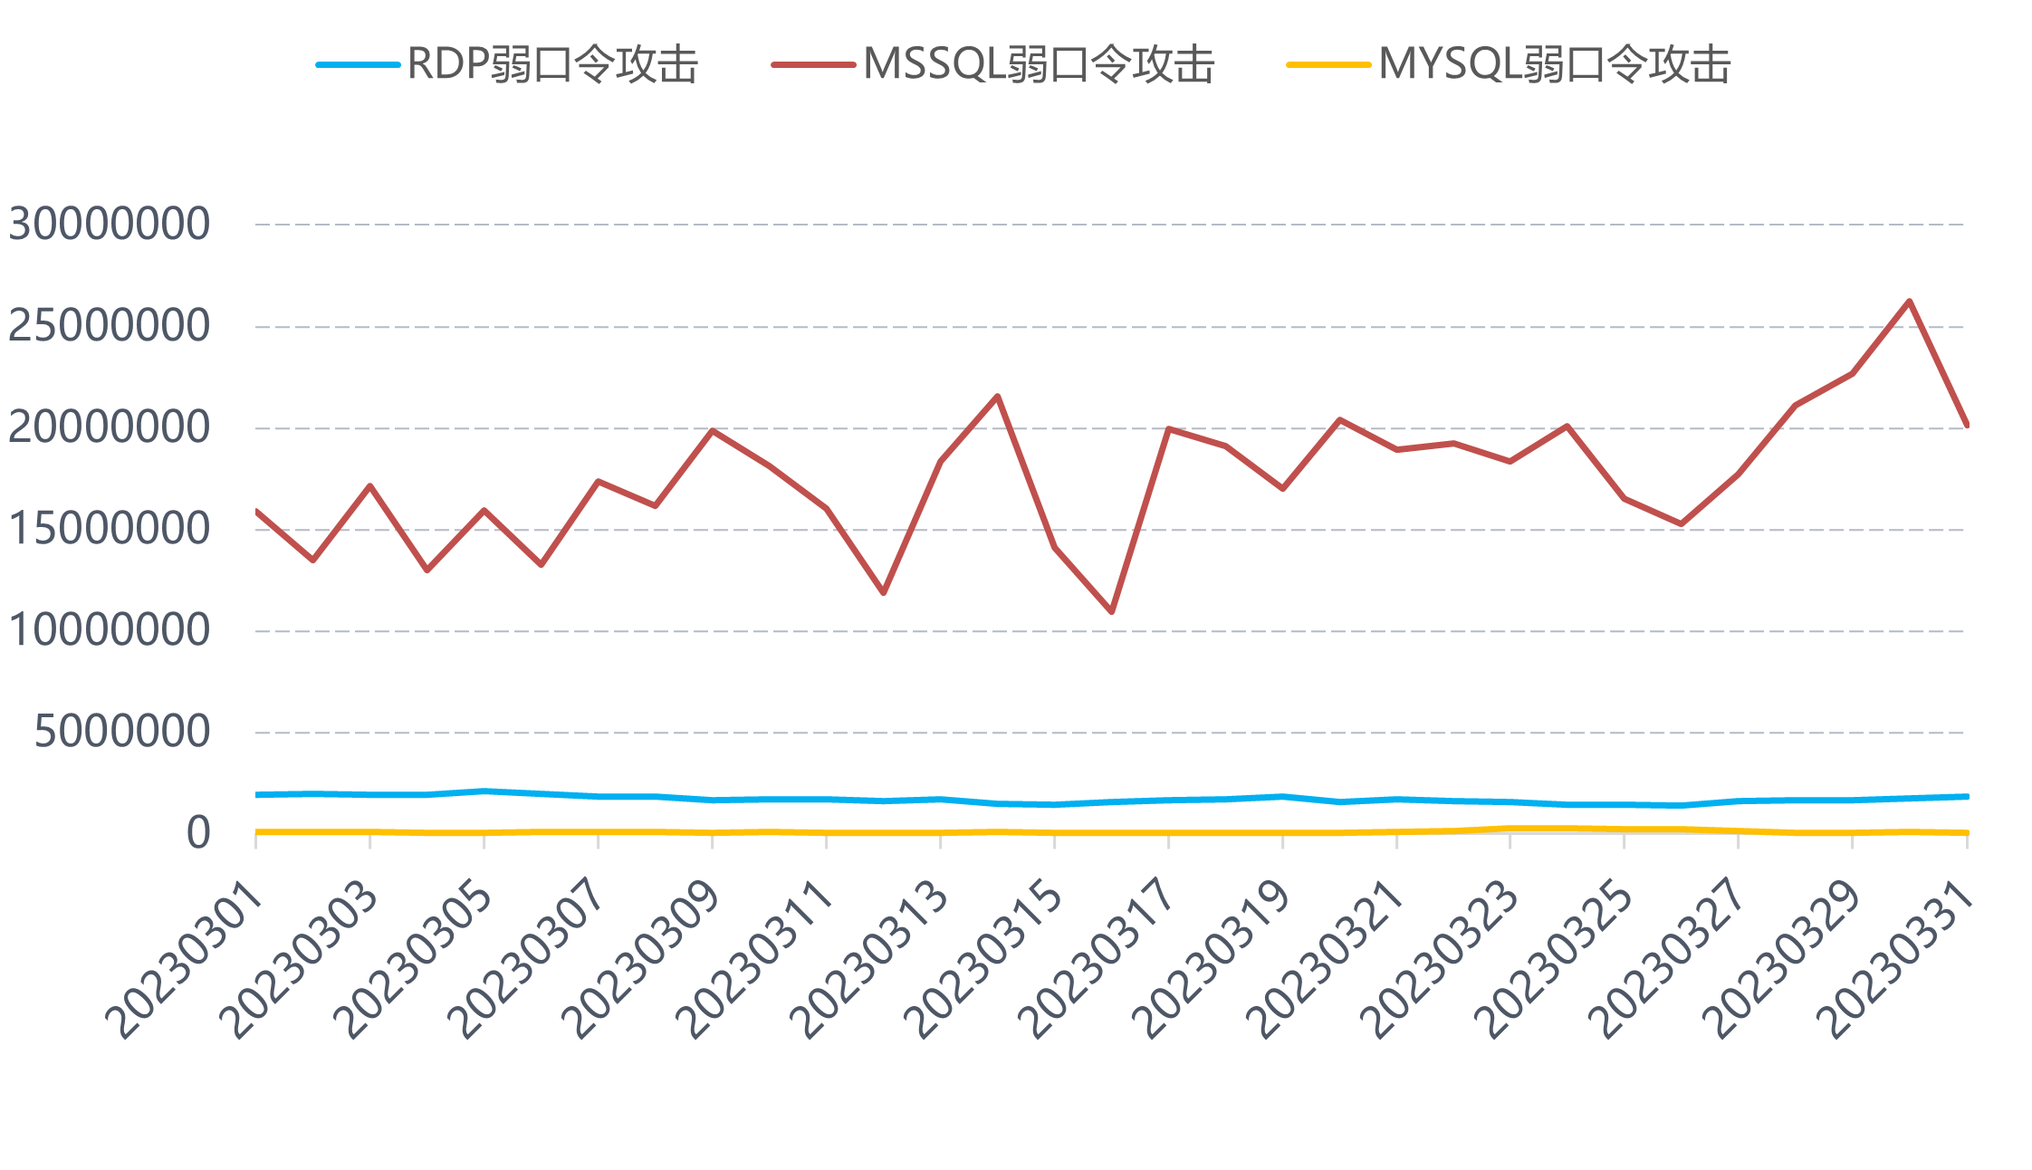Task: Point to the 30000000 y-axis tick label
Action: (x=110, y=224)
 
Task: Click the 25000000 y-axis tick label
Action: (x=110, y=326)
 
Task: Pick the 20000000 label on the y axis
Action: (x=110, y=427)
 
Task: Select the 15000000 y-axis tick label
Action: (x=110, y=529)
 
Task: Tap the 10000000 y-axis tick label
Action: (x=110, y=630)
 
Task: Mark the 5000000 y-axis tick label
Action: (x=122, y=732)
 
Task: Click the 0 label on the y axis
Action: (x=198, y=833)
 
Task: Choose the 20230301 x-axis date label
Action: (x=186, y=960)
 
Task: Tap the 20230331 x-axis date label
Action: (x=1897, y=960)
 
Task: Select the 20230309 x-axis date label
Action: (x=643, y=960)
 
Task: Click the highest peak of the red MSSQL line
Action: (x=1909, y=301)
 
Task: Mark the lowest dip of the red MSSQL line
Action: (x=1111, y=612)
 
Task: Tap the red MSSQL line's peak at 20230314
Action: (x=997, y=396)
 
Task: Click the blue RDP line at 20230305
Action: (x=484, y=791)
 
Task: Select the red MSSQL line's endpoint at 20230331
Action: (x=1966, y=424)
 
